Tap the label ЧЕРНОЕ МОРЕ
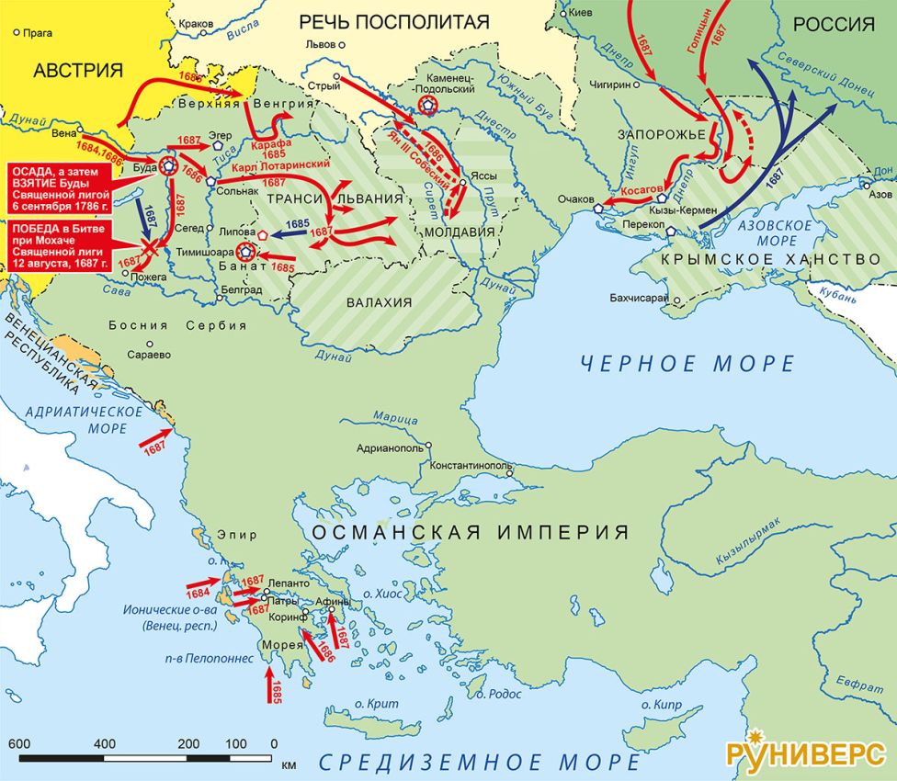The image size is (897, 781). [x=687, y=364]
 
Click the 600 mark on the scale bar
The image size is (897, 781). [x=19, y=743]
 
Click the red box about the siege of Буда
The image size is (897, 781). [x=62, y=188]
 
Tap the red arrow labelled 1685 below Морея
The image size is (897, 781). [x=271, y=685]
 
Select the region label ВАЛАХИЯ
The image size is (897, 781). [x=378, y=302]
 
